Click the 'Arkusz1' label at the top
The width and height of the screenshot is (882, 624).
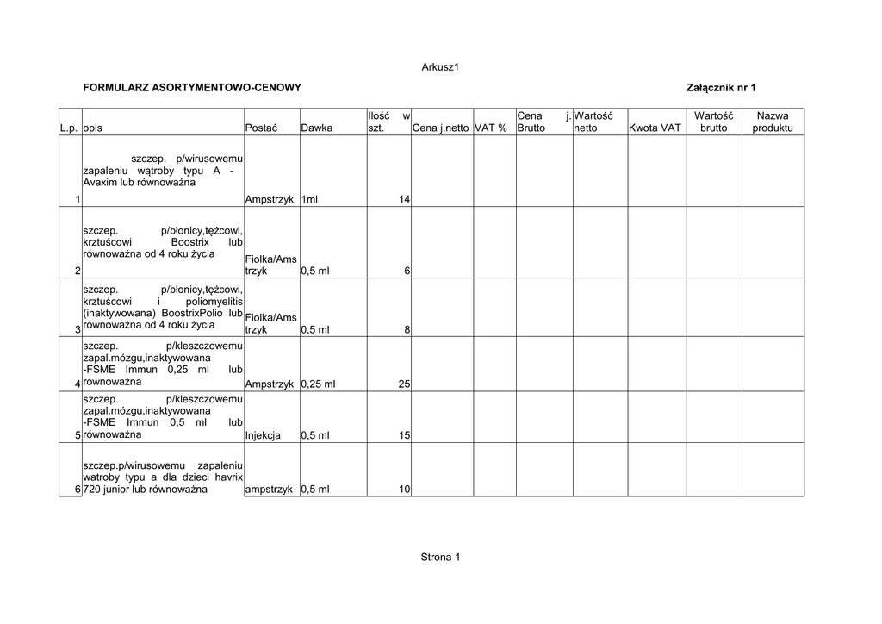440,67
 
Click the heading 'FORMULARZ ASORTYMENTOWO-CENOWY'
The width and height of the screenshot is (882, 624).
192,88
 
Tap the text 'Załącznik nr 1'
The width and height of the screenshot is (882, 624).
721,88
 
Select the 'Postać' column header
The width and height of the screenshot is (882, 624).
261,128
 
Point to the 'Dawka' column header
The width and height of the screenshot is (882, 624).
316,128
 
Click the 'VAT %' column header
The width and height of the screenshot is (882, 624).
491,128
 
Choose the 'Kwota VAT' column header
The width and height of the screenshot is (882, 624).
655,128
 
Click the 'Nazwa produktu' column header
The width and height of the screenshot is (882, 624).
773,122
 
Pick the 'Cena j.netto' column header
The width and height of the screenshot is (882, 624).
441,128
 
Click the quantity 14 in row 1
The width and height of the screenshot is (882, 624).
404,200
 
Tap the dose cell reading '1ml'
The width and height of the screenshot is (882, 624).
309,200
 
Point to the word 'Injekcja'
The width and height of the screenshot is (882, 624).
263,436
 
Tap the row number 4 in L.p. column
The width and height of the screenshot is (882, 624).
78,384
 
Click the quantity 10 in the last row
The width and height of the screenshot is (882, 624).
404,490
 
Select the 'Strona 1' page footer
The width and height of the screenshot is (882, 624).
440,557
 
